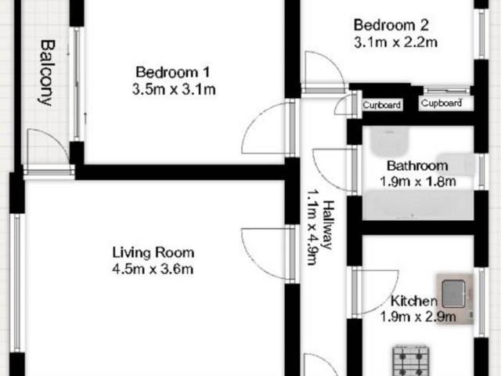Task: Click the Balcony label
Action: click(x=46, y=73)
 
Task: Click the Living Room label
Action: click(x=153, y=252)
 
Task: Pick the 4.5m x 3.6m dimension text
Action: click(x=153, y=270)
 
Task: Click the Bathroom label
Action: click(x=417, y=165)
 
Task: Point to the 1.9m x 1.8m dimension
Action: click(x=417, y=183)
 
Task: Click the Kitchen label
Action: click(x=413, y=301)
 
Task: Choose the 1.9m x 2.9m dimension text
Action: click(x=417, y=317)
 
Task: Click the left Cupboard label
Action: click(x=383, y=105)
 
